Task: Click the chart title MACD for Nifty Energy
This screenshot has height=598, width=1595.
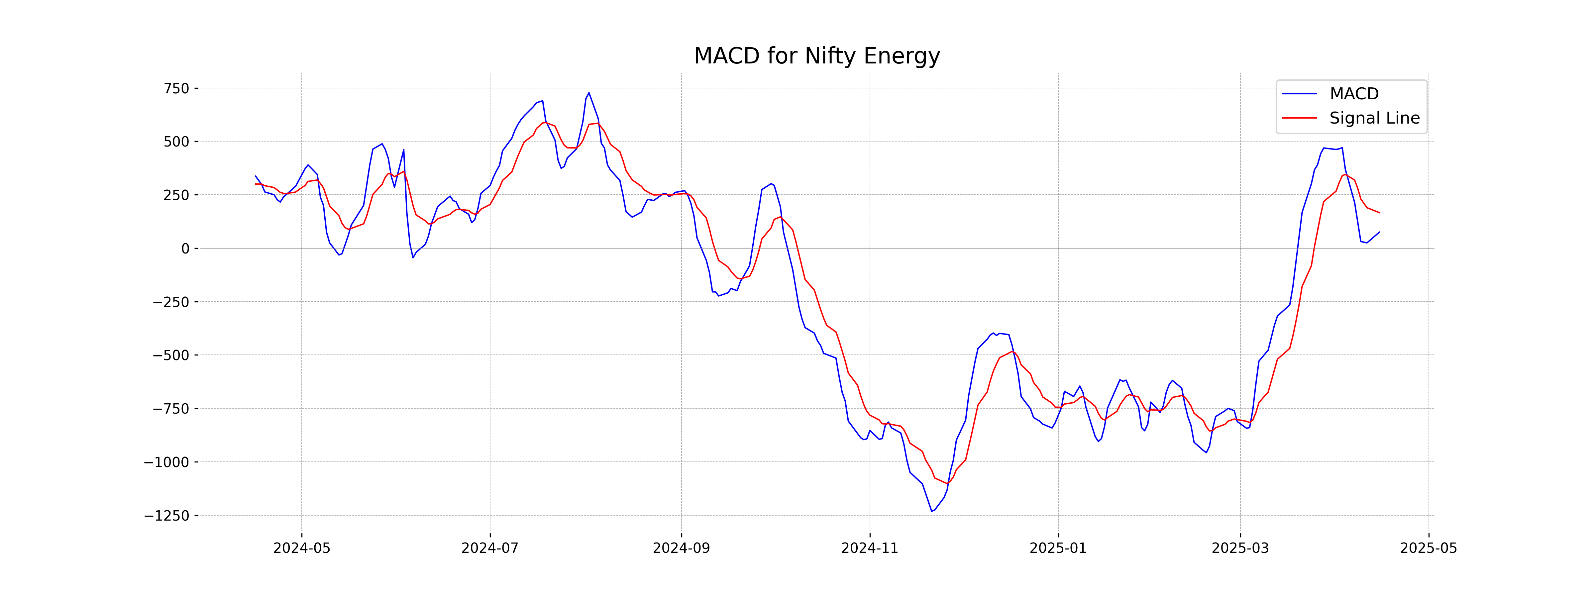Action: [x=817, y=56]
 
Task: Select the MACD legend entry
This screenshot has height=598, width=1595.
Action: [x=1353, y=94]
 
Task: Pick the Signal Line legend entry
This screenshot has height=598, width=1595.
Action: [x=1374, y=118]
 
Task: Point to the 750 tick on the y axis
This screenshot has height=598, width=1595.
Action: [x=176, y=88]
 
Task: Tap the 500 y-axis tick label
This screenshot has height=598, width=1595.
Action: [x=176, y=142]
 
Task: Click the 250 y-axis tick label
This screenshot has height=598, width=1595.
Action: [x=176, y=195]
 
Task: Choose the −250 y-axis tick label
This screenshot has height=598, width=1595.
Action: [x=171, y=302]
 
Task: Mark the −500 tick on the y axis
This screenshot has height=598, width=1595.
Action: [x=171, y=355]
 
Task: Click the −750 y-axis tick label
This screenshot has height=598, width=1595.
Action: [x=171, y=409]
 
